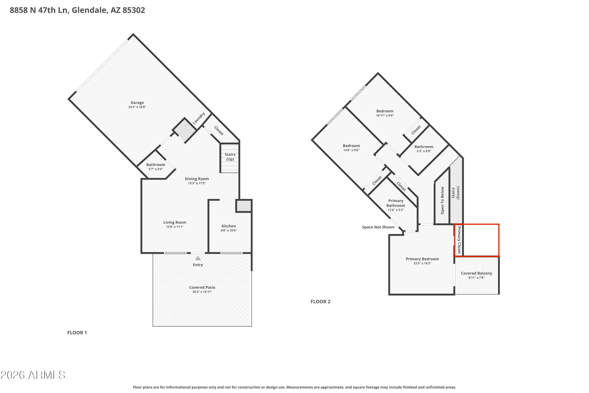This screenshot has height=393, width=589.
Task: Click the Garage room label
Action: coord(137,103)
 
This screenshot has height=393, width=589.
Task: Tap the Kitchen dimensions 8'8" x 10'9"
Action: coord(229,230)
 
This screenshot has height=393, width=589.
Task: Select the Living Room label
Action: coord(175,222)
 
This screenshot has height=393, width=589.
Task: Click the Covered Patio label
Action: coord(202,287)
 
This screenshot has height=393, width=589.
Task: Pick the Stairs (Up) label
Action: coord(230,157)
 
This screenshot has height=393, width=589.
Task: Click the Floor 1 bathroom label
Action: coord(155,165)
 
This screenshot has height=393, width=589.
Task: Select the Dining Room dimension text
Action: coord(197,183)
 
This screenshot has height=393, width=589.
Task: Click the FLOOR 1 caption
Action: coord(77,333)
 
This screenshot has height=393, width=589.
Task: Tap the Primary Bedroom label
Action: coord(422,259)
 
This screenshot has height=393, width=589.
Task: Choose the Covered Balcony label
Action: coord(477,273)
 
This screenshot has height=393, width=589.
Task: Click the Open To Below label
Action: coord(442,200)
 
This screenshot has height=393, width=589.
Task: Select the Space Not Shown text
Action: coord(378,227)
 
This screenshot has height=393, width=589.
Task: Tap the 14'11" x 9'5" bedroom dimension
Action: coord(385,116)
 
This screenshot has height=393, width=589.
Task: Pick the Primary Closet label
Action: coord(459,240)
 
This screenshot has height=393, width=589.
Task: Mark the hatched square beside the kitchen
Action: coord(244,206)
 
